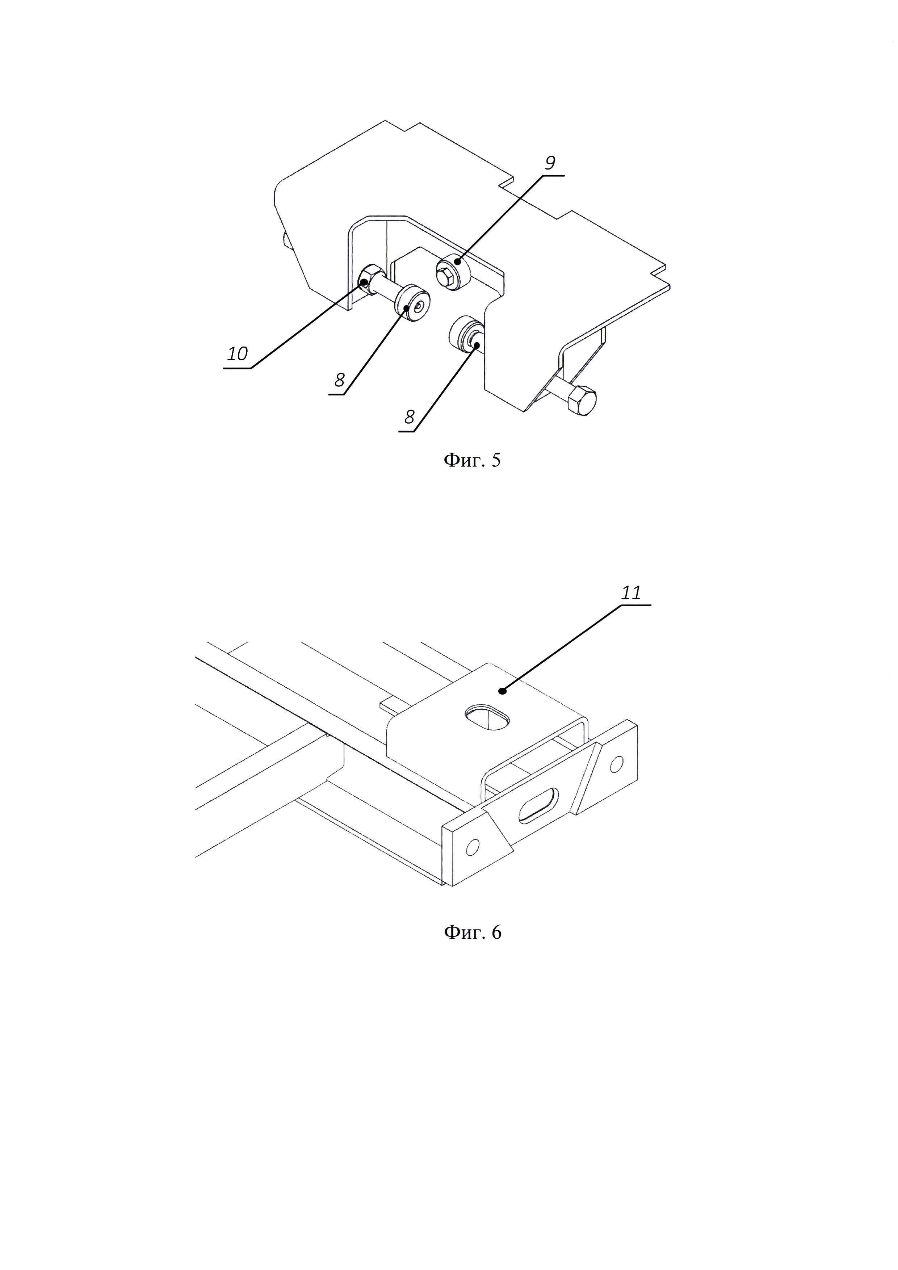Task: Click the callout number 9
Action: tap(550, 163)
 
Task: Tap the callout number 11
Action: tap(631, 593)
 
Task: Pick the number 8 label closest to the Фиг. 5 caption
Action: tap(409, 417)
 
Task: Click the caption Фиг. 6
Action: tap(472, 932)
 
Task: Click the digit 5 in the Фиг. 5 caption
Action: tap(495, 460)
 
